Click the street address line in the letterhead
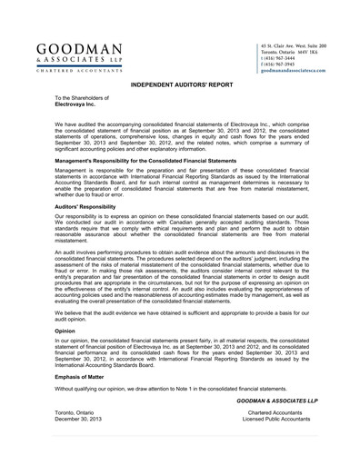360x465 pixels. pos(293,45)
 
